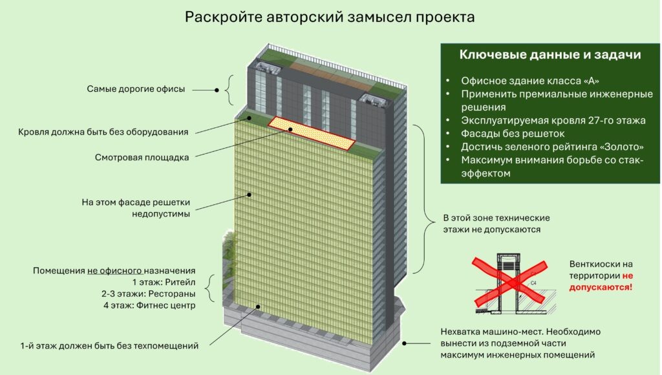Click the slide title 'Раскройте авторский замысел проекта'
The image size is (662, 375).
330,17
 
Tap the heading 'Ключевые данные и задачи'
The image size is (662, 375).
550,55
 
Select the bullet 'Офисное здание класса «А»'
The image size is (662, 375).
530,81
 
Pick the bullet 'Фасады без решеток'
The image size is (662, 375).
511,134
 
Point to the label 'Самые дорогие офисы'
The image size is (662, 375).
136,89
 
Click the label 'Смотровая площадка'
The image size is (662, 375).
142,157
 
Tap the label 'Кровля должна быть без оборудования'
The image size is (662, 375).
103,132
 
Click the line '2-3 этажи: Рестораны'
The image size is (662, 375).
148,294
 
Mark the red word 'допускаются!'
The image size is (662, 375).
601,286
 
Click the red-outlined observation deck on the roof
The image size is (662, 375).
312,133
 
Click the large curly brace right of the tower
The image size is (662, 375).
421,197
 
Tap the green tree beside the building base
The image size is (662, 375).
228,252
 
